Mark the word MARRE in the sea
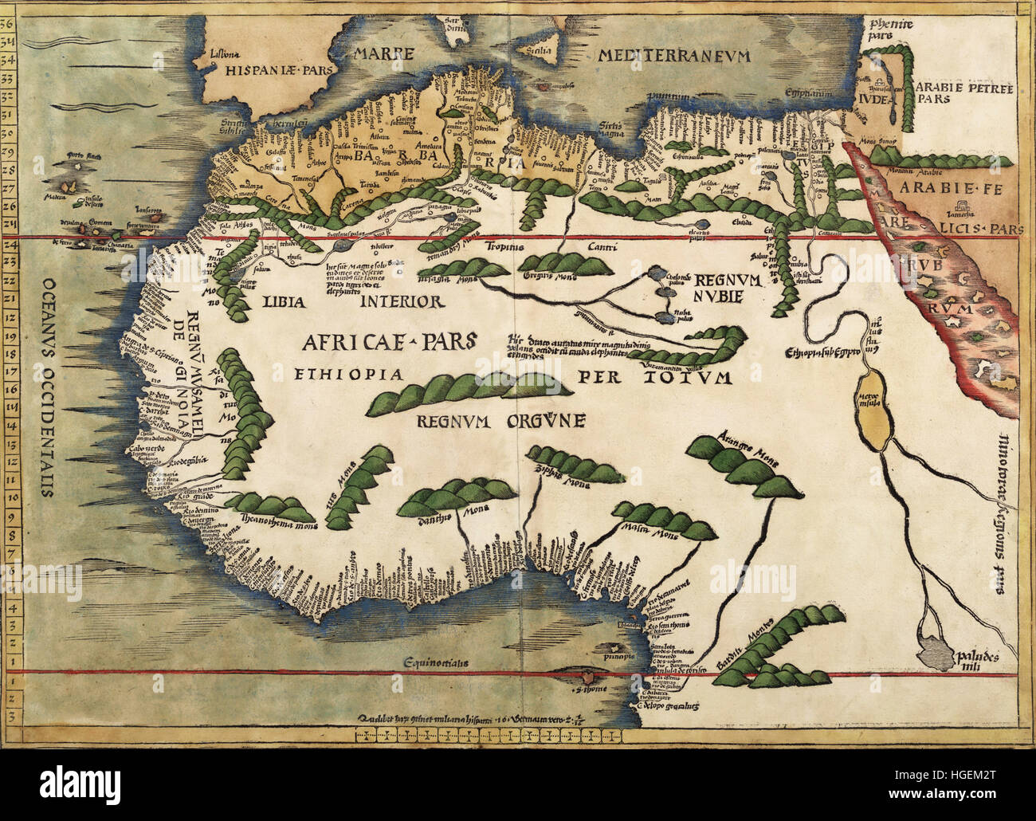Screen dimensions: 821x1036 pos(384,55)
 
